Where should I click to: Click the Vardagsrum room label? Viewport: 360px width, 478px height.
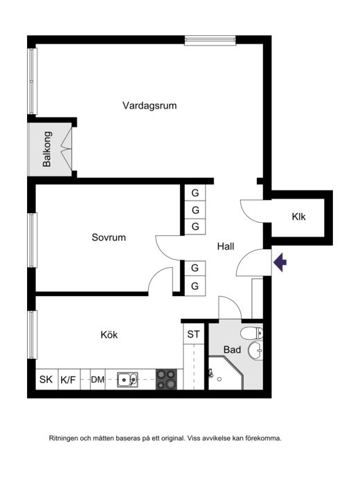pos(150,106)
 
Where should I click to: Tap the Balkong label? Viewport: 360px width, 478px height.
pos(46,149)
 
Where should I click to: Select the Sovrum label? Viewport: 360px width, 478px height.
pos(109,237)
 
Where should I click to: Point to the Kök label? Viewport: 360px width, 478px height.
pos(109,334)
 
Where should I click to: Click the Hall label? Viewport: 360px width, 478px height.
pos(226,246)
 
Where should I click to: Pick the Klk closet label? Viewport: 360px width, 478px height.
pos(298,217)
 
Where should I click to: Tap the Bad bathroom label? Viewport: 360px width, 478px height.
pos(232,349)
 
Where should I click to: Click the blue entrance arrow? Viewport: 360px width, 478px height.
pos(280,262)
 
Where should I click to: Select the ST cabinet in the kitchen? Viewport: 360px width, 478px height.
pos(193,334)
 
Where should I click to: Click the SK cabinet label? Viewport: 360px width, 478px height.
pos(46,380)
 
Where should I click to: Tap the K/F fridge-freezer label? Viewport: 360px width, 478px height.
pos(68,380)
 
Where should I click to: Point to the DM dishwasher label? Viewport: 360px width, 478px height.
pos(98,380)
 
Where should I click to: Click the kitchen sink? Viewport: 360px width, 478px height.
pos(127,380)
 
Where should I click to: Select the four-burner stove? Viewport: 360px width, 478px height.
pos(166,379)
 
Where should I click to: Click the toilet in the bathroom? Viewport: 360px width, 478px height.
pos(252,333)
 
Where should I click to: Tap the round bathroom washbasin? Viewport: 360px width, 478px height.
pos(255,350)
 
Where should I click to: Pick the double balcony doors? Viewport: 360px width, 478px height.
pos(66,149)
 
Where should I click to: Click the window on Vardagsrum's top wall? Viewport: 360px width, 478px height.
pos(210,41)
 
